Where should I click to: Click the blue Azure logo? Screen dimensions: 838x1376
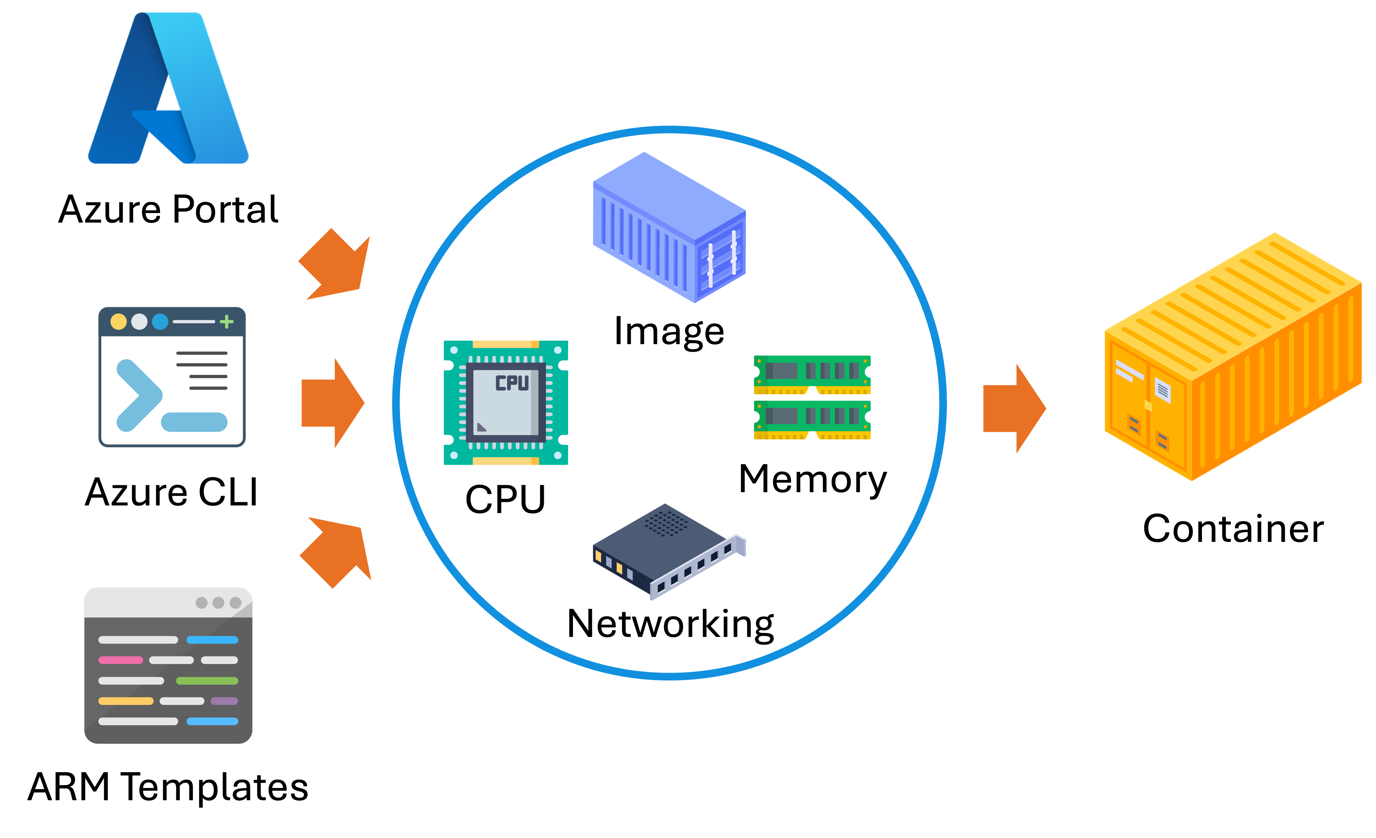[168, 89]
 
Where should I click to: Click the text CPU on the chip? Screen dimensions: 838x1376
[512, 383]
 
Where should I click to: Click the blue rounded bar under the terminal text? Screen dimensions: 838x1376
[194, 422]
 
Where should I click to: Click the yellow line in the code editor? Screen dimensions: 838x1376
[126, 701]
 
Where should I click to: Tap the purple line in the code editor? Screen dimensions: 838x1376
[224, 701]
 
